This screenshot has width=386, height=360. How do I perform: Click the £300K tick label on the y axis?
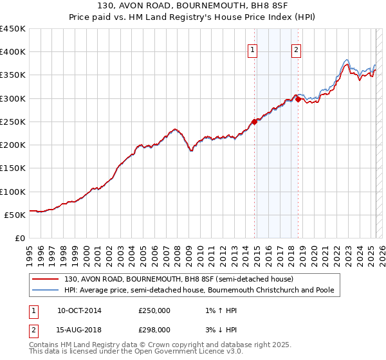tap(13, 98)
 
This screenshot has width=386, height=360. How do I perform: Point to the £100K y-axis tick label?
tap(13, 192)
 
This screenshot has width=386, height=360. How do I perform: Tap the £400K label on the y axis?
tap(13, 52)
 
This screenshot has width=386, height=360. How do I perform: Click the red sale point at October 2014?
tap(254, 122)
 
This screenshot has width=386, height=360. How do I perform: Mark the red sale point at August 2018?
tap(298, 99)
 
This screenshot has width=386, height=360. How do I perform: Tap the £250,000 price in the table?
tap(154, 310)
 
